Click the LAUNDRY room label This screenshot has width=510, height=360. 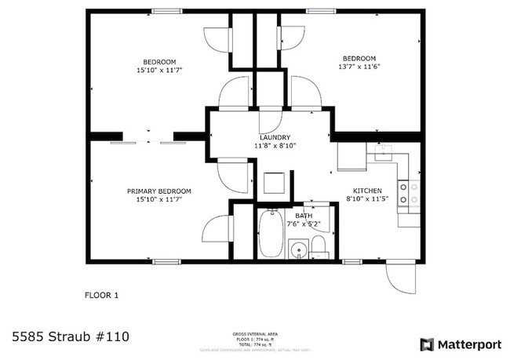pos(275,137)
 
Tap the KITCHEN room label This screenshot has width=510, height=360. pos(367,191)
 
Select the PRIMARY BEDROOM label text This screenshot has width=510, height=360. pos(159,191)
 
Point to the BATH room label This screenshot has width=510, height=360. pos(304,215)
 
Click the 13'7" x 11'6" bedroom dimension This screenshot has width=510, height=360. pos(359,67)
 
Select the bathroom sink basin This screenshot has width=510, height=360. pos(298,251)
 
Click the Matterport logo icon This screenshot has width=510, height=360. pos(427,344)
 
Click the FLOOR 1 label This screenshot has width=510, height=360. pos(101,296)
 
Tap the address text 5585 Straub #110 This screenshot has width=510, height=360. pos(71,337)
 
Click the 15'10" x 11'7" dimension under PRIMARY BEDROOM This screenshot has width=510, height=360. pos(159,199)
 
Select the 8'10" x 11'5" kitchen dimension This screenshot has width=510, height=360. pos(367,199)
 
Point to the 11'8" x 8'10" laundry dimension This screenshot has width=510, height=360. pos(275,146)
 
